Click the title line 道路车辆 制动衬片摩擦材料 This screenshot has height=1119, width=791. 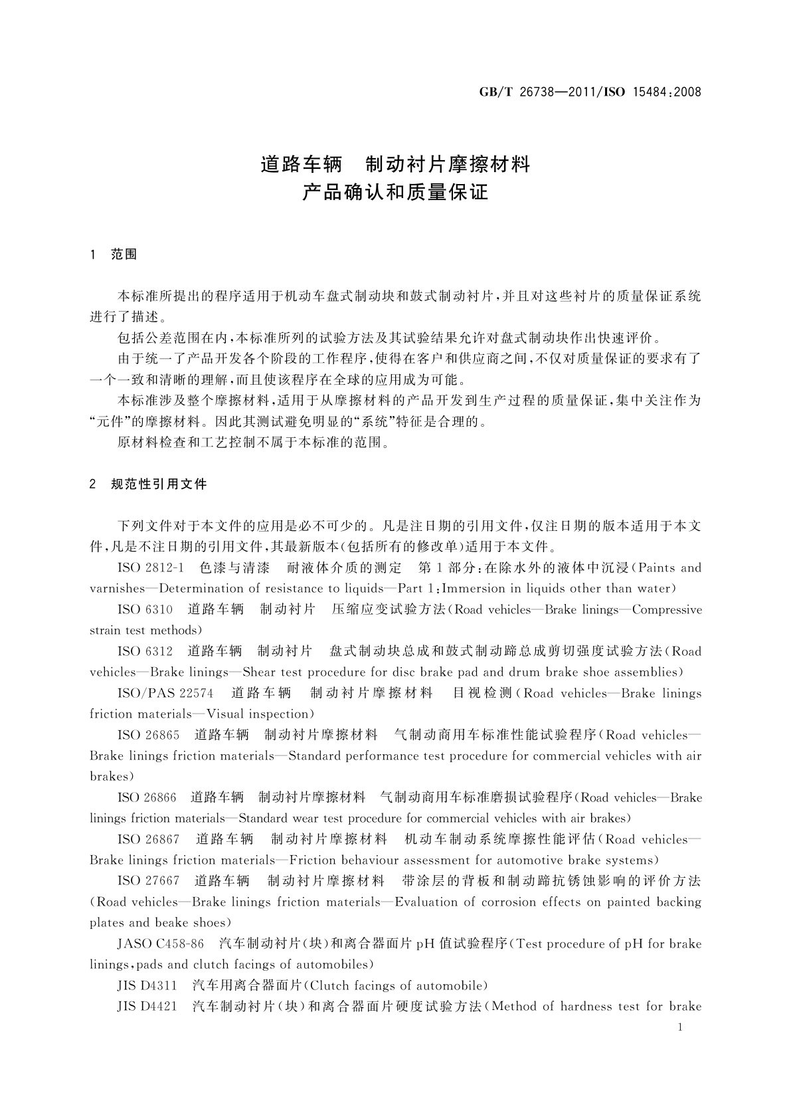pyautogui.click(x=395, y=164)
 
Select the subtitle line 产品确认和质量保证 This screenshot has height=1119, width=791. pyautogui.click(x=395, y=193)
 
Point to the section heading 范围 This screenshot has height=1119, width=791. pyautogui.click(x=124, y=254)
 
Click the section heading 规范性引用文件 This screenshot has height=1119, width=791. pyautogui.click(x=159, y=484)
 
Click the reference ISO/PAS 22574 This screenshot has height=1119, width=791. pyautogui.click(x=165, y=694)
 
